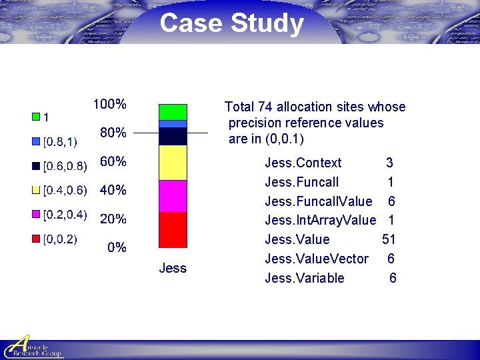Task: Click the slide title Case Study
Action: [x=231, y=23]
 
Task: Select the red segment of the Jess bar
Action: [x=173, y=230]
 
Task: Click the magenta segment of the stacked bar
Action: [x=173, y=196]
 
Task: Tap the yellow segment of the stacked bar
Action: [x=173, y=163]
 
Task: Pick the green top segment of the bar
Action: [x=173, y=112]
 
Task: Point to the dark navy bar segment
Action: [x=173, y=136]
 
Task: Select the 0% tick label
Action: [x=117, y=247]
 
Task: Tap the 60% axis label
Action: [x=113, y=161]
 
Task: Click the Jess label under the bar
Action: [x=173, y=268]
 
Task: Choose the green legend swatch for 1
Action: [x=36, y=117]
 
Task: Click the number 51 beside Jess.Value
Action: [x=389, y=239]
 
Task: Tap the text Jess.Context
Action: [x=303, y=163]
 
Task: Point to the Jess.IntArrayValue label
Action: [x=320, y=220]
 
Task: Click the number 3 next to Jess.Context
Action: [x=389, y=163]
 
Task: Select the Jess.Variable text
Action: [x=305, y=278]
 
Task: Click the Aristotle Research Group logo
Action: [x=33, y=347]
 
